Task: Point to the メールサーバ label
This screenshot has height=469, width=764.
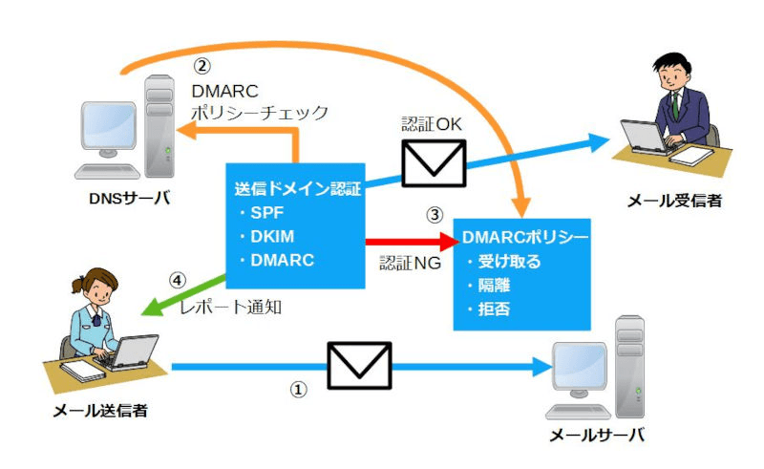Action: pyautogui.click(x=597, y=436)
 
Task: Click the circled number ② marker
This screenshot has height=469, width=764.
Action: pyautogui.click(x=202, y=66)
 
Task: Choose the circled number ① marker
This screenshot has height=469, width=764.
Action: pyautogui.click(x=299, y=390)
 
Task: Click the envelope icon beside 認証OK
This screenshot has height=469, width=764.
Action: pyautogui.click(x=434, y=162)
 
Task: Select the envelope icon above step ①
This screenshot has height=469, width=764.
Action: pyautogui.click(x=359, y=366)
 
